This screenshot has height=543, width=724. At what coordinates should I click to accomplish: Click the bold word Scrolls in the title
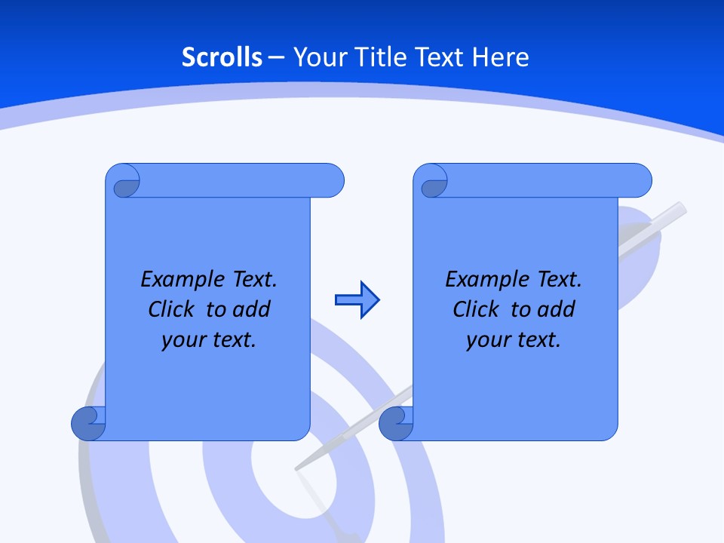pyautogui.click(x=222, y=57)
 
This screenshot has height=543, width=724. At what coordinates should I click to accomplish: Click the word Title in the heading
pyautogui.click(x=379, y=57)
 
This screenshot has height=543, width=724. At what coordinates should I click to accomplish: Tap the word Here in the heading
pyautogui.click(x=500, y=57)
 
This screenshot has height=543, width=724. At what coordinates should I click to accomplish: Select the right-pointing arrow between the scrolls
pyautogui.click(x=357, y=300)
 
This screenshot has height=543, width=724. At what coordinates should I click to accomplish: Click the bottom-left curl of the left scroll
pyautogui.click(x=88, y=424)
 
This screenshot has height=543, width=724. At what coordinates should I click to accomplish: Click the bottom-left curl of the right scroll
pyautogui.click(x=396, y=424)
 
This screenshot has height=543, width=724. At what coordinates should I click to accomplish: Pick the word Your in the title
pyautogui.click(x=316, y=57)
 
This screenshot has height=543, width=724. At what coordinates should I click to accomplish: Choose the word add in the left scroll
pyautogui.click(x=252, y=309)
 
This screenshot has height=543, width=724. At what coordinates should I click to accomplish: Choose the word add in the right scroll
pyautogui.click(x=557, y=309)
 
